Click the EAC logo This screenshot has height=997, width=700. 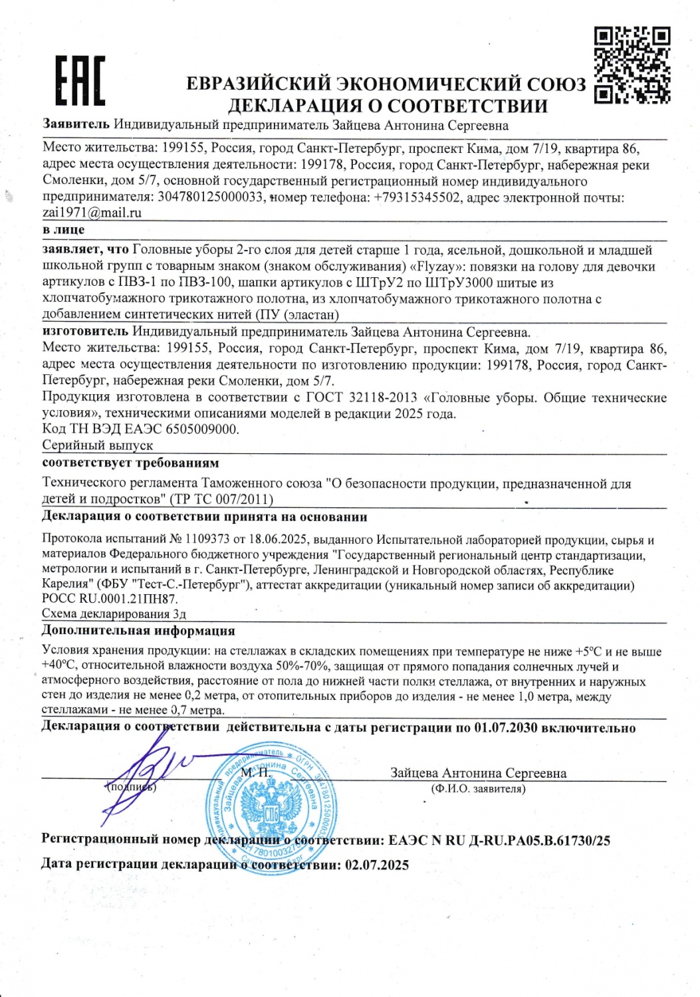80,80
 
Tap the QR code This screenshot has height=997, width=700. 632,64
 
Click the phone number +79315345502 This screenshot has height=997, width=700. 417,197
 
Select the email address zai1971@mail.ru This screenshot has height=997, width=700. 92,213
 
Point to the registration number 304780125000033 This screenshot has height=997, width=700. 210,197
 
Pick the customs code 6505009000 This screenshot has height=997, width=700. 201,429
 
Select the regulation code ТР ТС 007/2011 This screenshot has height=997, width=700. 221,499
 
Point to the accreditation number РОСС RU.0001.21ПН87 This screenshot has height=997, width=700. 110,598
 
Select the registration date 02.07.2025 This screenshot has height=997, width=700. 376,865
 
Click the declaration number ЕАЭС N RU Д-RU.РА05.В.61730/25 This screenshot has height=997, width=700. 499,840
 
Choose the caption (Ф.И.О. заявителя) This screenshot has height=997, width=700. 478,789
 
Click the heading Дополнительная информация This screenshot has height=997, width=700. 138,630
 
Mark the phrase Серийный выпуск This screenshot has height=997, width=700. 98,445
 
